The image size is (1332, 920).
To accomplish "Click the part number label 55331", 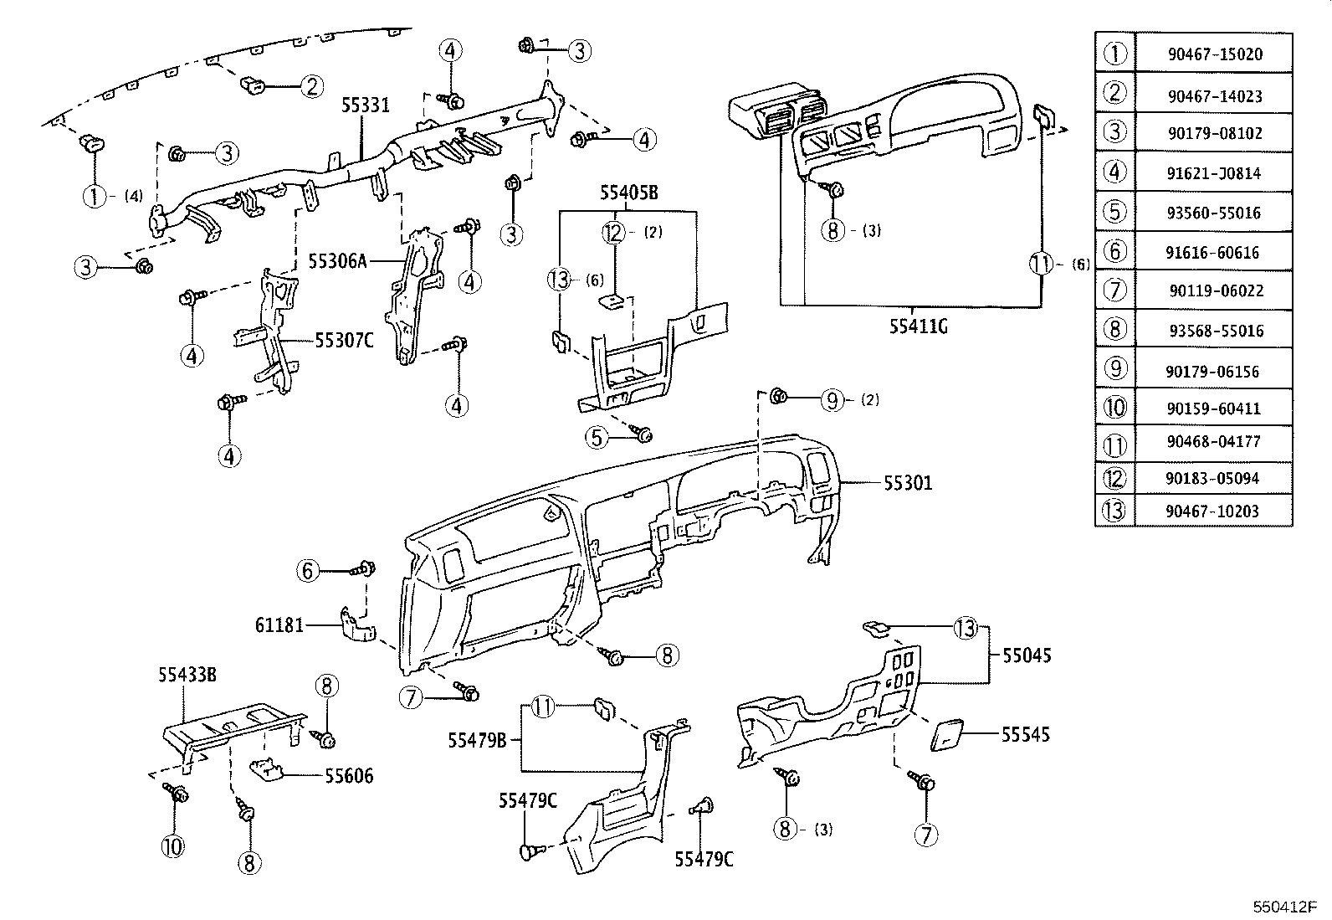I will pos(365,105).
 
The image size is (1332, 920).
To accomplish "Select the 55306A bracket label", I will pos(337,261).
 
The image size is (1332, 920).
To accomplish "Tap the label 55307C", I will pos(344,340).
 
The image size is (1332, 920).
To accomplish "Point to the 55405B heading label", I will pos(628,193).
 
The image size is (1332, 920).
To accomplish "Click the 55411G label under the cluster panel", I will pos(918,326).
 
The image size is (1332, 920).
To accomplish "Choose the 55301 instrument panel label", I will pos(908,483).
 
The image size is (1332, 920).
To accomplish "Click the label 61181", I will pos(279,625).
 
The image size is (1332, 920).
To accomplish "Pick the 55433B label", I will pos(188,674).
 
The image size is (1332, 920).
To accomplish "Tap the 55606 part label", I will pos(349,776).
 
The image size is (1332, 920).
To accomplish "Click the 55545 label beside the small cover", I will pos(1026,735).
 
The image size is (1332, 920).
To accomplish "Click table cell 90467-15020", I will pos(1215,54).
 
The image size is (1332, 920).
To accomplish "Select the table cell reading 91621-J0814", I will pos(1213,173).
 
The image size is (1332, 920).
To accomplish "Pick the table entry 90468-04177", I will pos(1213,441).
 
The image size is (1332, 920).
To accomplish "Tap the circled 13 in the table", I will pos(1114,511).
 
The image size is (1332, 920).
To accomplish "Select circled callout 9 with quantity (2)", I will pos(831,400).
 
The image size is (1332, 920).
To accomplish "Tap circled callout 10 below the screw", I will pos(172,845).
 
